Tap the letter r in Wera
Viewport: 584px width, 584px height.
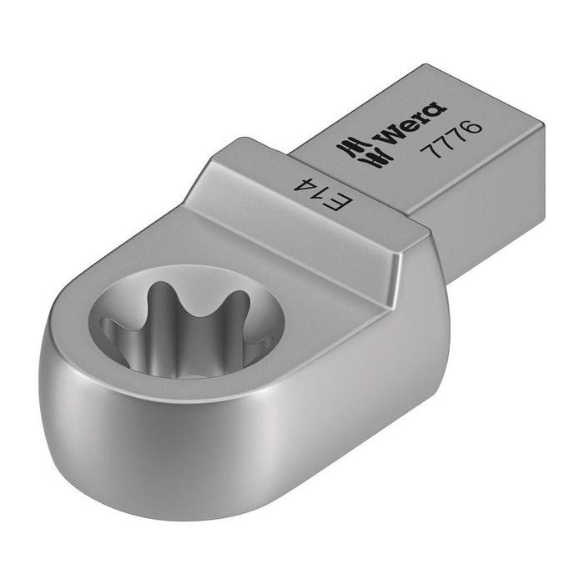click(x=420, y=116)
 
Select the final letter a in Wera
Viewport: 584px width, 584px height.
click(x=434, y=109)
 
